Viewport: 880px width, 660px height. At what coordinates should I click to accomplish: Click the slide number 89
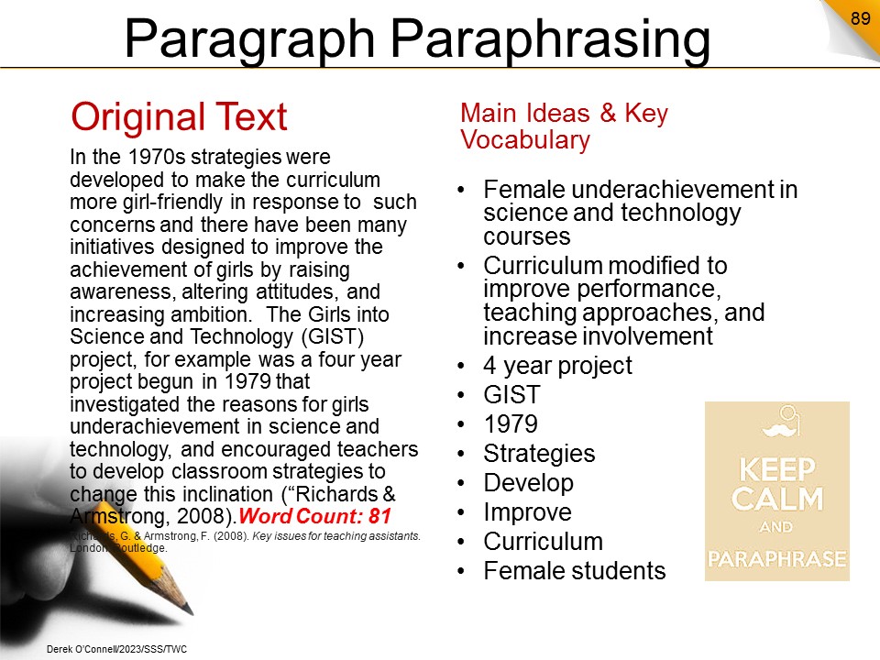[860, 18]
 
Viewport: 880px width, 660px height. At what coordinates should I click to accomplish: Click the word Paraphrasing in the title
[550, 38]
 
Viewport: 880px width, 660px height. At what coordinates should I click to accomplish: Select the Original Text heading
[179, 116]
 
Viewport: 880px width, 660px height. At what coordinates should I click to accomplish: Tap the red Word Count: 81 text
[314, 516]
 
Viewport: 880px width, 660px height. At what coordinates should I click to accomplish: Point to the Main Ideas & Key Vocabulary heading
[564, 126]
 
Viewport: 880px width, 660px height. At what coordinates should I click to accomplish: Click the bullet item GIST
[511, 394]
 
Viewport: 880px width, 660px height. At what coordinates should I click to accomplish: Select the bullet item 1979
[511, 423]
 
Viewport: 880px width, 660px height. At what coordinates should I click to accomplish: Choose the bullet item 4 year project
[558, 366]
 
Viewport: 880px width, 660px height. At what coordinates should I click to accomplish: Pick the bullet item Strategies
[539, 454]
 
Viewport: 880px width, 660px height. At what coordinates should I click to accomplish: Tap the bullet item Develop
[529, 483]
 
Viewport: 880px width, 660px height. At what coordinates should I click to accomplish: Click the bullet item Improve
[528, 512]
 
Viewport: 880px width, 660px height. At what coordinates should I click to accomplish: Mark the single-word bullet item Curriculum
[544, 542]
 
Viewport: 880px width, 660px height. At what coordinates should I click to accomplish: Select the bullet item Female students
[575, 571]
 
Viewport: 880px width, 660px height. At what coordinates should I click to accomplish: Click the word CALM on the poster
[777, 499]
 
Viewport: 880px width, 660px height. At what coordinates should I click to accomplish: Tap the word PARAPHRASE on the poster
[777, 558]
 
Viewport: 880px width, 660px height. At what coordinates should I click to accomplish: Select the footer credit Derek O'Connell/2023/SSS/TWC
[116, 649]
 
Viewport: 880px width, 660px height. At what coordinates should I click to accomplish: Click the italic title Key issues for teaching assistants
[336, 536]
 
